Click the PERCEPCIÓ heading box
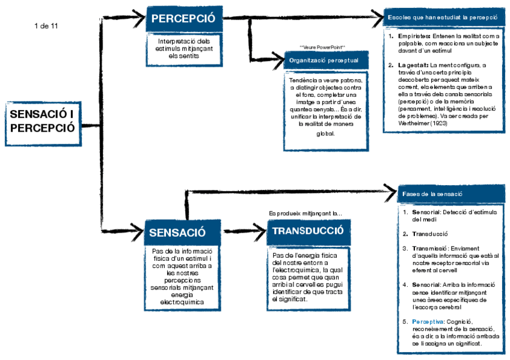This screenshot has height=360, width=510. (x=183, y=19)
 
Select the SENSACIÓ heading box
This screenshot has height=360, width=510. (x=177, y=233)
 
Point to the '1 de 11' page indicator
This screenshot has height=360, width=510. (x=47, y=26)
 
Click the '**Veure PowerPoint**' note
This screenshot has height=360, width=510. (x=322, y=47)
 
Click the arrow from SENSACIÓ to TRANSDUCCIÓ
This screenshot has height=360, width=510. (x=241, y=230)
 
